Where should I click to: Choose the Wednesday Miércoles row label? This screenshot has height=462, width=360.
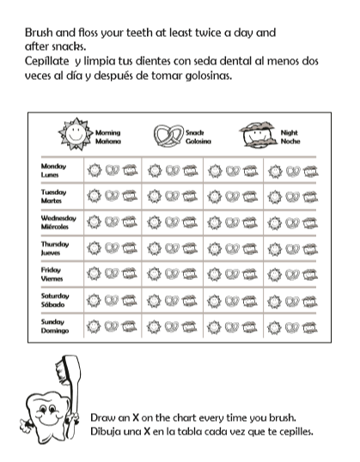[x=58, y=222]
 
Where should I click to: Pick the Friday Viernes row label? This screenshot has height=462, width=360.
[x=52, y=274]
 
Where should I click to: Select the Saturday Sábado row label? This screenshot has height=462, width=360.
[x=54, y=300]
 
